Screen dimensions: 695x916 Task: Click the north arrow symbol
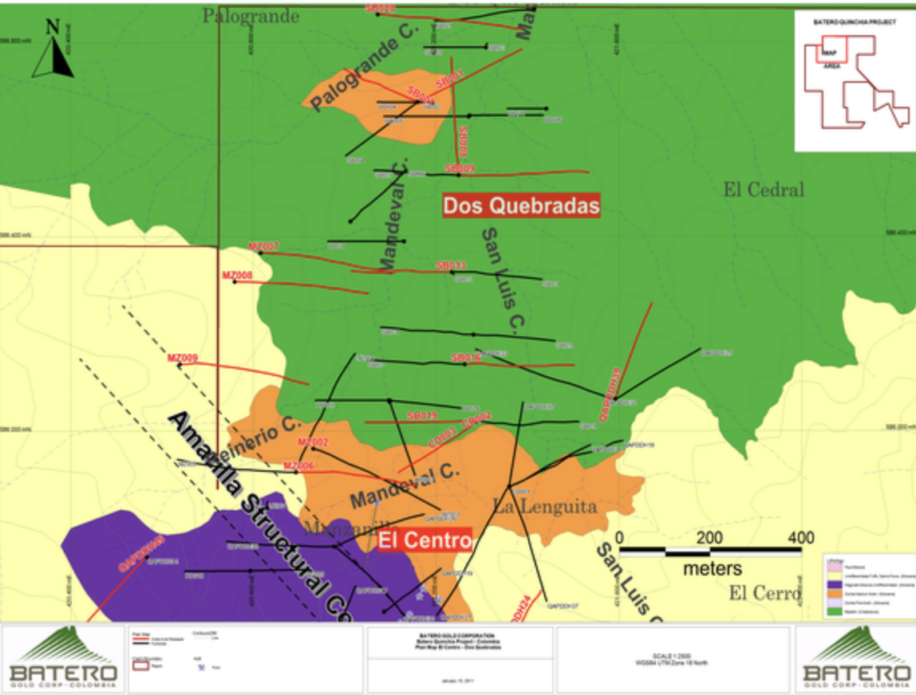(53, 49)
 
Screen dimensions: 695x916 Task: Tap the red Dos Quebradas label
(521, 206)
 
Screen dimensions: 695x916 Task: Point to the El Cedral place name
(764, 190)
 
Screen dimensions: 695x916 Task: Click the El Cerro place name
(764, 593)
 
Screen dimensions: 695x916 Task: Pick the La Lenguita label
(544, 505)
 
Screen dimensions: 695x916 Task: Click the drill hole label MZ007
(263, 247)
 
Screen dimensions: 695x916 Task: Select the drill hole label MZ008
(237, 276)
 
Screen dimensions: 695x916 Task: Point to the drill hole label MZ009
(182, 358)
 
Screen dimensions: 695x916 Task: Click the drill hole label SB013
(451, 265)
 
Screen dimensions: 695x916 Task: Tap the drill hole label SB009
(460, 169)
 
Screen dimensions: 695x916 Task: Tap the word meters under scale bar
(712, 569)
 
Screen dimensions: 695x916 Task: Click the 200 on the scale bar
(709, 537)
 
